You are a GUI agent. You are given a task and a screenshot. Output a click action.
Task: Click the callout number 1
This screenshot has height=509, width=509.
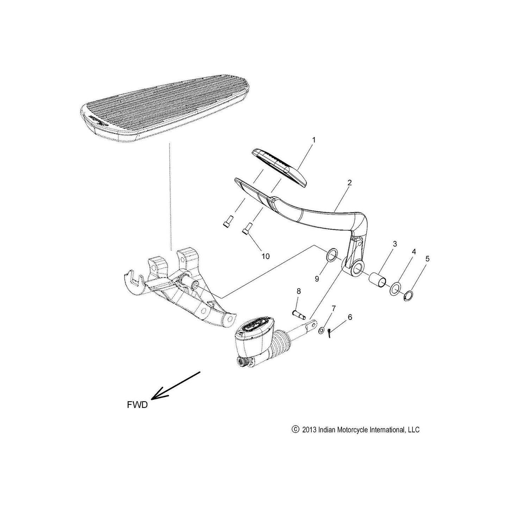tap(314, 140)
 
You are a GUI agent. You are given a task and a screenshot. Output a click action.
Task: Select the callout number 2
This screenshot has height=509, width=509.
tap(349, 182)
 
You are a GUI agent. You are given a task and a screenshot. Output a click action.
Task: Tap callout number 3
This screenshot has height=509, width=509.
tap(395, 244)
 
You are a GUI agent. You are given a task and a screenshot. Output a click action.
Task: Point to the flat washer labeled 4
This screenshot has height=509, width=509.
tap(395, 289)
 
